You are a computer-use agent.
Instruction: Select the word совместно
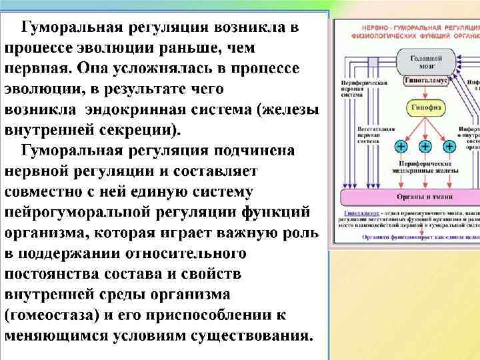tap(51, 192)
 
